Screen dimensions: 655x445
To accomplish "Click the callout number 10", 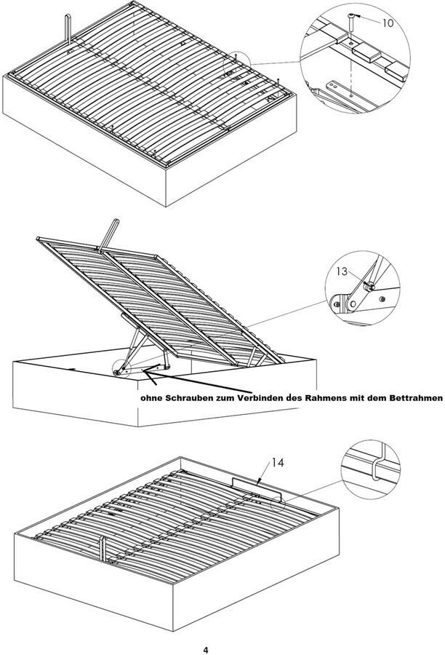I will click(387, 23).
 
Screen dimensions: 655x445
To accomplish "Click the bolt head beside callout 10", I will click(353, 16).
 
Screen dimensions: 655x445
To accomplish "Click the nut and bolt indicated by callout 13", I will click(369, 287).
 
